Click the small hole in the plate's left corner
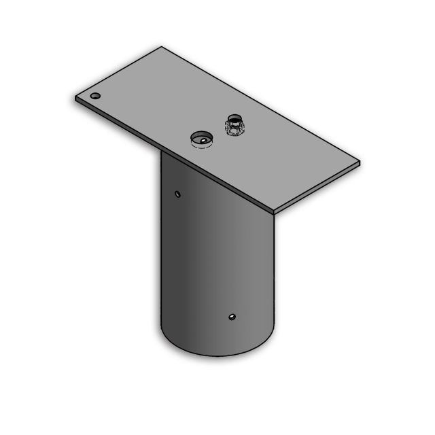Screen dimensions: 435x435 click(95, 96)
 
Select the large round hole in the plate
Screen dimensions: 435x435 click(201, 139)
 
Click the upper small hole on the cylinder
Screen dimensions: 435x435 click(178, 194)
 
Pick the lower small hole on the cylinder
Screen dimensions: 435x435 click(232, 317)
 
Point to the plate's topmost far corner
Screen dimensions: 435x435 click(162, 47)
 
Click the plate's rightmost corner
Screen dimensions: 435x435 click(360, 162)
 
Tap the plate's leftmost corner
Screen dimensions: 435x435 click(75, 98)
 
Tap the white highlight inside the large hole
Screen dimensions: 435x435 click(201, 143)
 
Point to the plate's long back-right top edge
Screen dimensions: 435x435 click(261, 104)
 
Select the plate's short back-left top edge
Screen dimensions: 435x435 click(119, 71)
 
